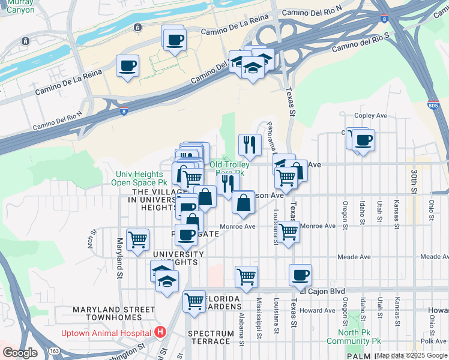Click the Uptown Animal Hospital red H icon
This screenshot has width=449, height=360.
click(x=160, y=331)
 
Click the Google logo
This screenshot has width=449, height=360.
click(x=20, y=352)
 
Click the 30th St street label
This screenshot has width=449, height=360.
click(x=414, y=181)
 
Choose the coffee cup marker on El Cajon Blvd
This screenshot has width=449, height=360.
click(x=300, y=275)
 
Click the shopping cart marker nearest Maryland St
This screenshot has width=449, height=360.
click(x=138, y=239)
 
